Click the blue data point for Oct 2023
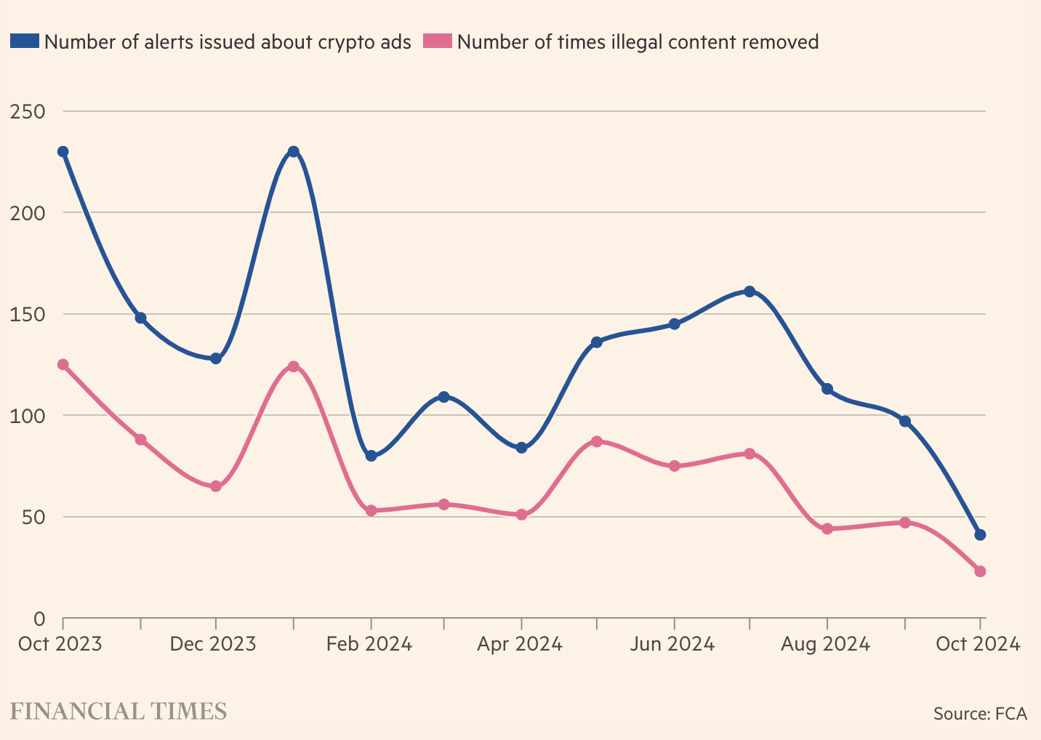pos(63,151)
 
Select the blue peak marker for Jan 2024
pos(293,151)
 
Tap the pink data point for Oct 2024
pos(980,571)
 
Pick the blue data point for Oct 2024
pos(980,535)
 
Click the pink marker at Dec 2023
pos(216,486)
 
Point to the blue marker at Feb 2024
pos(371,456)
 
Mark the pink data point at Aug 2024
pos(827,528)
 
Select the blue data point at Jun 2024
pos(675,324)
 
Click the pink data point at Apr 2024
pos(521,515)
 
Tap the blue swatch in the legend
pos(24,41)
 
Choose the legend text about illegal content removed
pos(638,42)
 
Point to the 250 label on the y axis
pos(28,112)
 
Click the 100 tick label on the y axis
pos(28,416)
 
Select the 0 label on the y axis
pos(39,619)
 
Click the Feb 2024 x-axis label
pos(369,644)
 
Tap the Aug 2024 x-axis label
pos(825,644)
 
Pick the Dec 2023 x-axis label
pos(213,644)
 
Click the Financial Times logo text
pos(118,711)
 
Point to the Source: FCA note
pos(980,713)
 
